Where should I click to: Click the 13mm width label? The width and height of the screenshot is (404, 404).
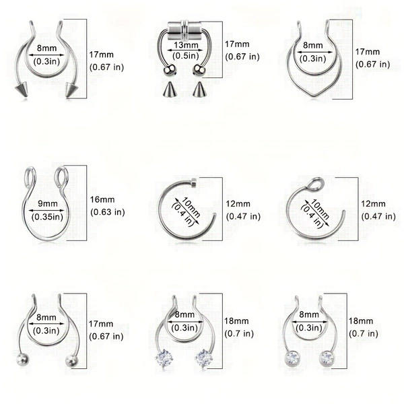(x=186, y=45)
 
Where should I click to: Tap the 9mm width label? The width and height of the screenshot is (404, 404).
(x=48, y=203)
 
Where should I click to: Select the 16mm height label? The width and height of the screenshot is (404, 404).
(x=102, y=199)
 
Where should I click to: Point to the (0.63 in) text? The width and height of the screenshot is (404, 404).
(x=108, y=212)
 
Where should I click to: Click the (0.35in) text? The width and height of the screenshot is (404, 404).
(x=47, y=217)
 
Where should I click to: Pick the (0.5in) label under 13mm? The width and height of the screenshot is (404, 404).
(x=186, y=56)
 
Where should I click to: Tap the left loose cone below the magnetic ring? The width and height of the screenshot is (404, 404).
(x=168, y=90)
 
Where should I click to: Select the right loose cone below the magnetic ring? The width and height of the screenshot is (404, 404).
(x=198, y=89)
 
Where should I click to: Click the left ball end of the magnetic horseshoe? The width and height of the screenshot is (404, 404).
(x=169, y=70)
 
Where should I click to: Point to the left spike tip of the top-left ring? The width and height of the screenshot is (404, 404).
(x=15, y=88)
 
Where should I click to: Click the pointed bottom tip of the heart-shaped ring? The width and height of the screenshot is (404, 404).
(x=313, y=96)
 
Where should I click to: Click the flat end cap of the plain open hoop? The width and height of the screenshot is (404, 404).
(x=194, y=181)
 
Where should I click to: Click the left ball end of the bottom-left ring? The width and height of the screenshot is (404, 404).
(x=22, y=360)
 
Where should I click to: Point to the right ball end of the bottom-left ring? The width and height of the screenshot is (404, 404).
(x=72, y=360)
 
